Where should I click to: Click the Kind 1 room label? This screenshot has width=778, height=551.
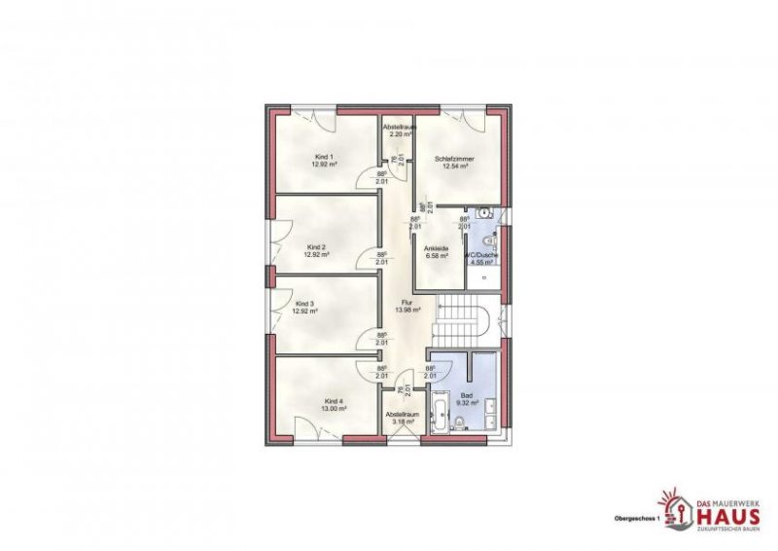323,157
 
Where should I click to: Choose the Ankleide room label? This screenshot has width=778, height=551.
435,249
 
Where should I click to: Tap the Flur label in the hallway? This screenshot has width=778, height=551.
407,302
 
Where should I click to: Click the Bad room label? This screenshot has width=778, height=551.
467,396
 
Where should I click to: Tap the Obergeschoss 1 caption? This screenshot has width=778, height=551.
636,518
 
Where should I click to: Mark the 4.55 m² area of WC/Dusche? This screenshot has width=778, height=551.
480,262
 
